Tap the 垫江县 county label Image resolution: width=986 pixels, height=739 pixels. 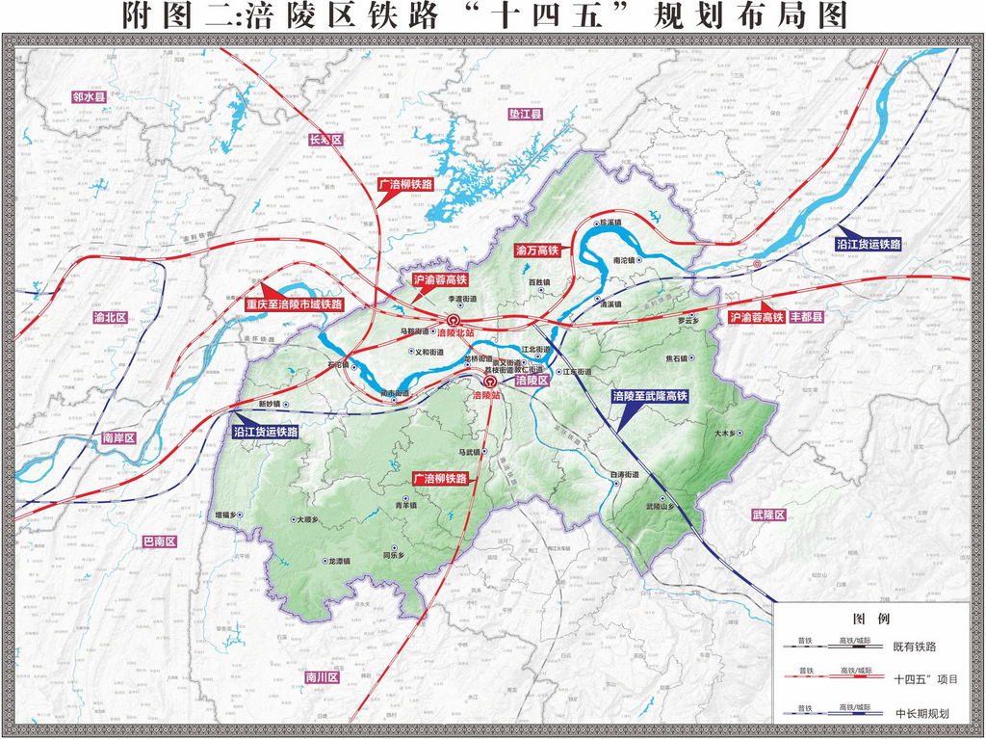pos(525,114)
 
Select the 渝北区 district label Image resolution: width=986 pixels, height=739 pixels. pos(110,317)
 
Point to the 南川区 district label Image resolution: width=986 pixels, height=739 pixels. pos(322,677)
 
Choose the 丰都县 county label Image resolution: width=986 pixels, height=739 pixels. pos(807,316)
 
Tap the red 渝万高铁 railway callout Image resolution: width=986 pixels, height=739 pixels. pos(537,251)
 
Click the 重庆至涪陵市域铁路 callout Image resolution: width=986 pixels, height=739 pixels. pos(294,304)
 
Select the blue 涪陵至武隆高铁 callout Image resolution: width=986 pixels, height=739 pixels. pos(650,396)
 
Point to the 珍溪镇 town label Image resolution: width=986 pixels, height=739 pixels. pos(610,223)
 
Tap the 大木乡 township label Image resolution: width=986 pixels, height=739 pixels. pos(728,435)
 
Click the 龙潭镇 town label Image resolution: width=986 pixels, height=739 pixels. pos(339,561)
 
